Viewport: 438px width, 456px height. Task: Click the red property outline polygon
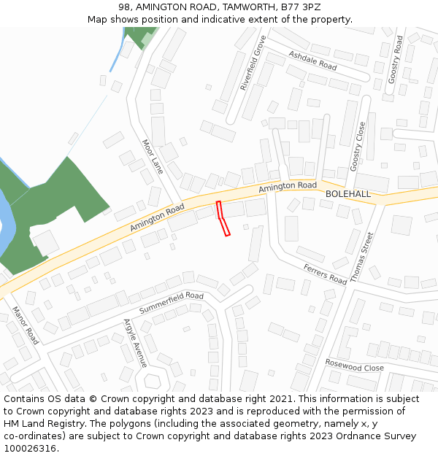pyautogui.click(x=223, y=219)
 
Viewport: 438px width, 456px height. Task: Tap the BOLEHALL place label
pyautogui.click(x=348, y=194)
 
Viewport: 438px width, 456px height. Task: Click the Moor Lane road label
pyautogui.click(x=153, y=157)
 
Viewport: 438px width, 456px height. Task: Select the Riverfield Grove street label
pyautogui.click(x=253, y=63)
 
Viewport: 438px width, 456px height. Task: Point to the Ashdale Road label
pyautogui.click(x=312, y=61)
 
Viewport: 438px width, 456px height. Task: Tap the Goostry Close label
pyautogui.click(x=358, y=146)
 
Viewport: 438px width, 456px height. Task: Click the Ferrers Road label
pyautogui.click(x=325, y=274)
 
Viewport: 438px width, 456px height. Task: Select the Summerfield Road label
pyautogui.click(x=172, y=301)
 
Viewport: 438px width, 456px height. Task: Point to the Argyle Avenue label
pyautogui.click(x=136, y=343)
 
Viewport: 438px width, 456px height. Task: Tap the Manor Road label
pyautogui.click(x=26, y=325)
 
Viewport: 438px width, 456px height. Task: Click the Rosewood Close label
pyautogui.click(x=354, y=365)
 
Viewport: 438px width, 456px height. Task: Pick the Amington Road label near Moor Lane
pyautogui.click(x=157, y=219)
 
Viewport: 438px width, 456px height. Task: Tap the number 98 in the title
pyautogui.click(x=125, y=7)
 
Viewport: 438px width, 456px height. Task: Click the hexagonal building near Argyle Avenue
pyautogui.click(x=153, y=381)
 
